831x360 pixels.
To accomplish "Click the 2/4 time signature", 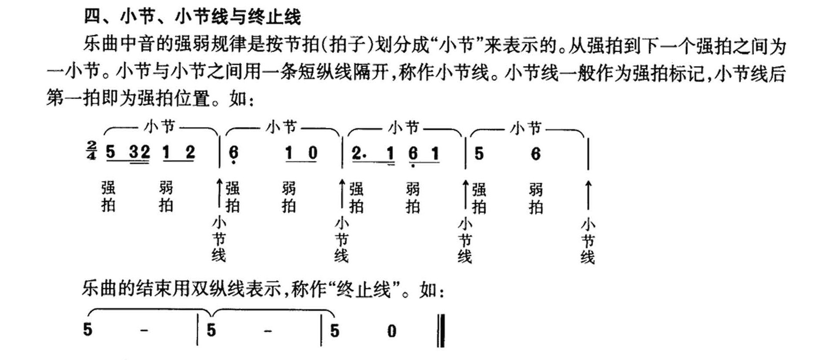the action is point(91,150).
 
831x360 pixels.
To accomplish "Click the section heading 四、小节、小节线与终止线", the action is point(192,17).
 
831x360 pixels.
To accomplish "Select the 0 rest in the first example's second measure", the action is point(313,153).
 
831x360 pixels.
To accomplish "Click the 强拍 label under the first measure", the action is point(108,197).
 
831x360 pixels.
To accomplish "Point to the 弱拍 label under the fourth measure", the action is point(536,198).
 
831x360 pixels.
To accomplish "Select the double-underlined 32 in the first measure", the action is point(140,153).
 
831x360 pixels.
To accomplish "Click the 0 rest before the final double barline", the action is point(392,331).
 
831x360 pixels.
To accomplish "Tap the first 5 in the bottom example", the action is point(88,330).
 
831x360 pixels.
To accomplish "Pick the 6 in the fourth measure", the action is point(536,154).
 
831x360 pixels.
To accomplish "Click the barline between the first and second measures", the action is point(219,151).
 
